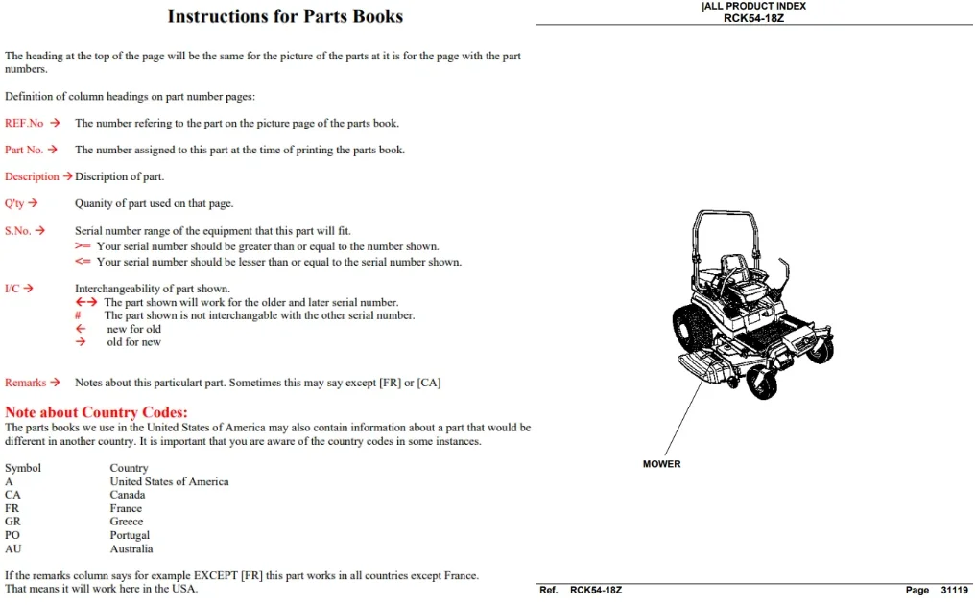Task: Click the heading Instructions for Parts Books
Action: [x=285, y=16]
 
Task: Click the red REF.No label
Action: [x=24, y=123]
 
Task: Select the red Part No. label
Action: [x=24, y=150]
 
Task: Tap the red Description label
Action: [x=32, y=176]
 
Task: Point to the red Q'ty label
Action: [x=14, y=203]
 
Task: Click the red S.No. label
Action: [x=18, y=231]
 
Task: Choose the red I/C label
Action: [x=12, y=289]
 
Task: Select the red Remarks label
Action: [x=26, y=383]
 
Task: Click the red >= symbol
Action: [x=83, y=246]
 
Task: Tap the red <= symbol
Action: [x=83, y=262]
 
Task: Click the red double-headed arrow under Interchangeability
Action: [x=86, y=302]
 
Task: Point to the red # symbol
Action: [x=78, y=315]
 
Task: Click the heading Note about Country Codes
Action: [x=96, y=412]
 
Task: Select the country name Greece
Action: [x=127, y=522]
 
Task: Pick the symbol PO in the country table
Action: [x=12, y=535]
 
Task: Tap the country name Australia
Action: [x=131, y=549]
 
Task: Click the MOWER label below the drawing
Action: [x=661, y=464]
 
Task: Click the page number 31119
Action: [x=954, y=590]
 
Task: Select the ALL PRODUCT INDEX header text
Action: [x=754, y=6]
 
